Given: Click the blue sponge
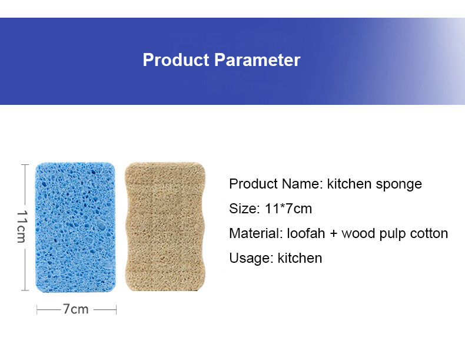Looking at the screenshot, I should pos(77,226).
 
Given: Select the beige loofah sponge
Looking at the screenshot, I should pos(165,226).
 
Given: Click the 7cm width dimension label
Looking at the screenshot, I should pos(76,309).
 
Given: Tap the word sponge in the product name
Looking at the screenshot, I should pos(401,184).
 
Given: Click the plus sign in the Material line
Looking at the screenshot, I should pos(333,234).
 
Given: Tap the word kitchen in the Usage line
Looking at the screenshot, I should pos(300,258).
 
